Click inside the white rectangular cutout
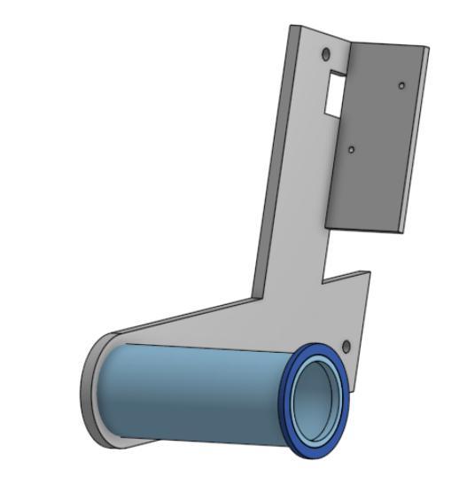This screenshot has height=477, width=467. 334,93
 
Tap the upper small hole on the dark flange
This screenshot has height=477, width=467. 401,85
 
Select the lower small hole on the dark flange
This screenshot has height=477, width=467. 352,151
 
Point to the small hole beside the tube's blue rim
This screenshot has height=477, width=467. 346,345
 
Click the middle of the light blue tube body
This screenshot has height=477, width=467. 195,390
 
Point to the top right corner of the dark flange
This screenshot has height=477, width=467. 428,46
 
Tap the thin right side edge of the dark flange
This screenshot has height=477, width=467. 416,142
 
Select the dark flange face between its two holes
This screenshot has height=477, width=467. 377,120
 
